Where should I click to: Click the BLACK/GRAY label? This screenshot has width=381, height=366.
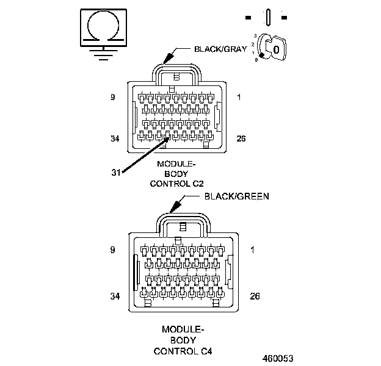tap(220, 49)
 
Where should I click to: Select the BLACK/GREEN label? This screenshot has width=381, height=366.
tap(237, 196)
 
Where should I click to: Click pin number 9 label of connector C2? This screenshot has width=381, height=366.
tap(112, 96)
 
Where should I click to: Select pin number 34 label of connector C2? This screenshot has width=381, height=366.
tap(114, 138)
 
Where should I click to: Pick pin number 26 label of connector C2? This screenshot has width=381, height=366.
tap(241, 138)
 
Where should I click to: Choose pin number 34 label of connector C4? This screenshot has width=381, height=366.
tap(114, 296)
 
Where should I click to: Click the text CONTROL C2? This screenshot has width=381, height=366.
tap(176, 183)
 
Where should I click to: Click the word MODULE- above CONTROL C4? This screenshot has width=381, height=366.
tap(183, 329)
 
